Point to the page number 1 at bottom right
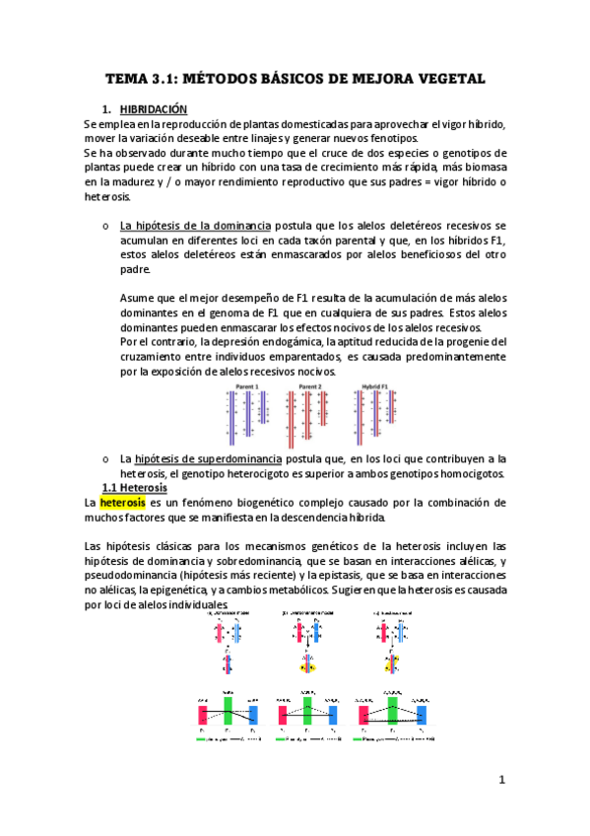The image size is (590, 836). point(501,780)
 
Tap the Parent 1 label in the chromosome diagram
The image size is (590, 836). point(247,387)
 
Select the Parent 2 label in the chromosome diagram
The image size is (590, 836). point(308,387)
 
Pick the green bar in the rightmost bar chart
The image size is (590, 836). point(394,714)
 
